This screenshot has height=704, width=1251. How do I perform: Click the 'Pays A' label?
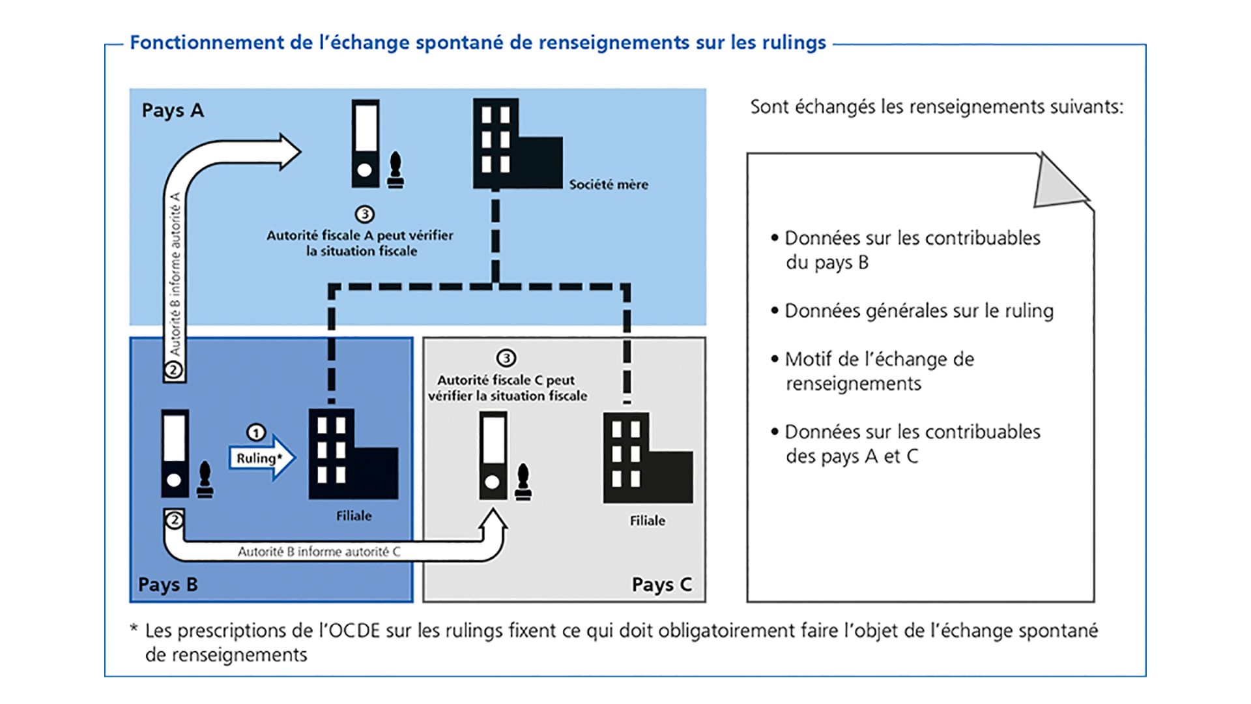click(173, 111)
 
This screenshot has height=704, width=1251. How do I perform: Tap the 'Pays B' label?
click(167, 584)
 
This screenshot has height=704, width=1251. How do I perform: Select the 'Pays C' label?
click(661, 584)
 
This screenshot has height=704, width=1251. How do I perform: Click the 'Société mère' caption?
click(609, 184)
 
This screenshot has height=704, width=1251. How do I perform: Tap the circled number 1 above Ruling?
click(256, 433)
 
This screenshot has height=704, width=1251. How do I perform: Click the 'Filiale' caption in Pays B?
click(354, 516)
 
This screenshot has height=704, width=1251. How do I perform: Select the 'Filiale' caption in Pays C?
click(647, 520)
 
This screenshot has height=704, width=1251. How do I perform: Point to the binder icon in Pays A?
click(365, 143)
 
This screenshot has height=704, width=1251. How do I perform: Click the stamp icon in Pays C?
click(523, 484)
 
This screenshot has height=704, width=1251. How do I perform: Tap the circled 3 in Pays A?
click(364, 214)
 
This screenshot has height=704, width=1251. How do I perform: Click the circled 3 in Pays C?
click(506, 358)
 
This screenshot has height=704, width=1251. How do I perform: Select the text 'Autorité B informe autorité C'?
click(319, 551)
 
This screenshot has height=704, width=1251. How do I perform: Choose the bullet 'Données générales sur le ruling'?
click(918, 311)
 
